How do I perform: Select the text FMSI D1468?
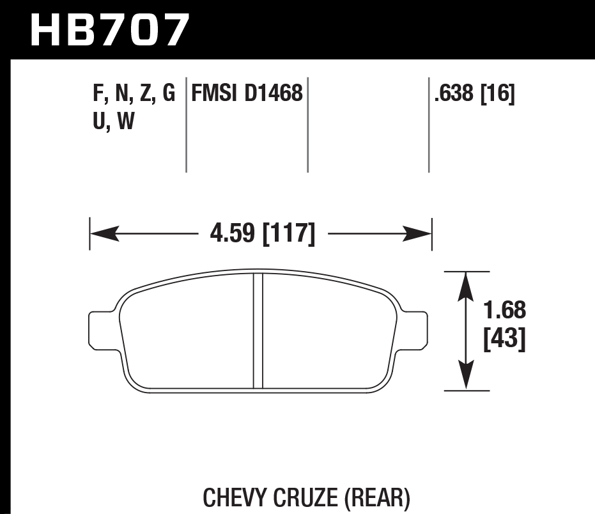coord(246,94)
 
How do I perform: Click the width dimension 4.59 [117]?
coord(263,235)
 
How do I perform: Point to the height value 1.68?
coord(504,311)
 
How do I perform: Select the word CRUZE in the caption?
coord(309,497)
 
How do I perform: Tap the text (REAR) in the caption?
coord(378,497)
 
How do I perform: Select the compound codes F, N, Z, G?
coord(134,94)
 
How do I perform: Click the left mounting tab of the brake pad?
coord(99,331)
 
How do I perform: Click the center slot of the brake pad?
coord(258,331)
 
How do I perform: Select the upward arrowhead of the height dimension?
coord(467,286)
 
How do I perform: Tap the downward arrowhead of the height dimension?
coord(467,375)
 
